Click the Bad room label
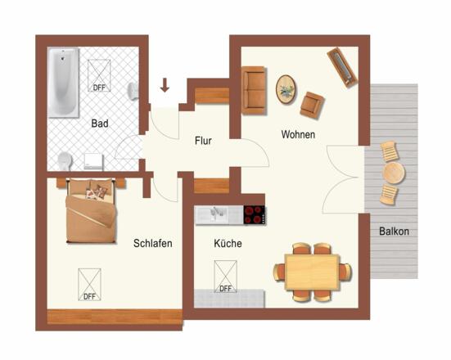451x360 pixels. (x=100, y=124)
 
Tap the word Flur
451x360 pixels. (x=203, y=141)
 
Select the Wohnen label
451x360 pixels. (x=298, y=134)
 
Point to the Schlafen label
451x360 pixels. (x=153, y=243)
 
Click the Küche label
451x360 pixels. (x=228, y=243)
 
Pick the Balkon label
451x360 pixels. (x=394, y=232)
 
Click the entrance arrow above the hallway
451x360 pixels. (x=165, y=85)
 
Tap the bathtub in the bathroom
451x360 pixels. (x=64, y=83)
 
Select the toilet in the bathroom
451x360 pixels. (x=65, y=161)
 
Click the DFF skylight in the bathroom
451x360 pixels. (x=99, y=75)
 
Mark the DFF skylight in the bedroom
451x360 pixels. (x=89, y=285)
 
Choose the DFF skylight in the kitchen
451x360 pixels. (x=226, y=277)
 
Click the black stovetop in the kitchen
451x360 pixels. (x=255, y=215)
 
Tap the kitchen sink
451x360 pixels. (x=215, y=214)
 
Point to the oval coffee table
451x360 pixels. (x=286, y=89)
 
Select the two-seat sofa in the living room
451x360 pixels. (x=254, y=90)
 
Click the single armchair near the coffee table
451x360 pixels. (x=312, y=106)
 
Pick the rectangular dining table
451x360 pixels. (x=313, y=272)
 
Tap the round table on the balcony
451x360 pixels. (x=393, y=173)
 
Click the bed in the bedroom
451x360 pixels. (x=91, y=211)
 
